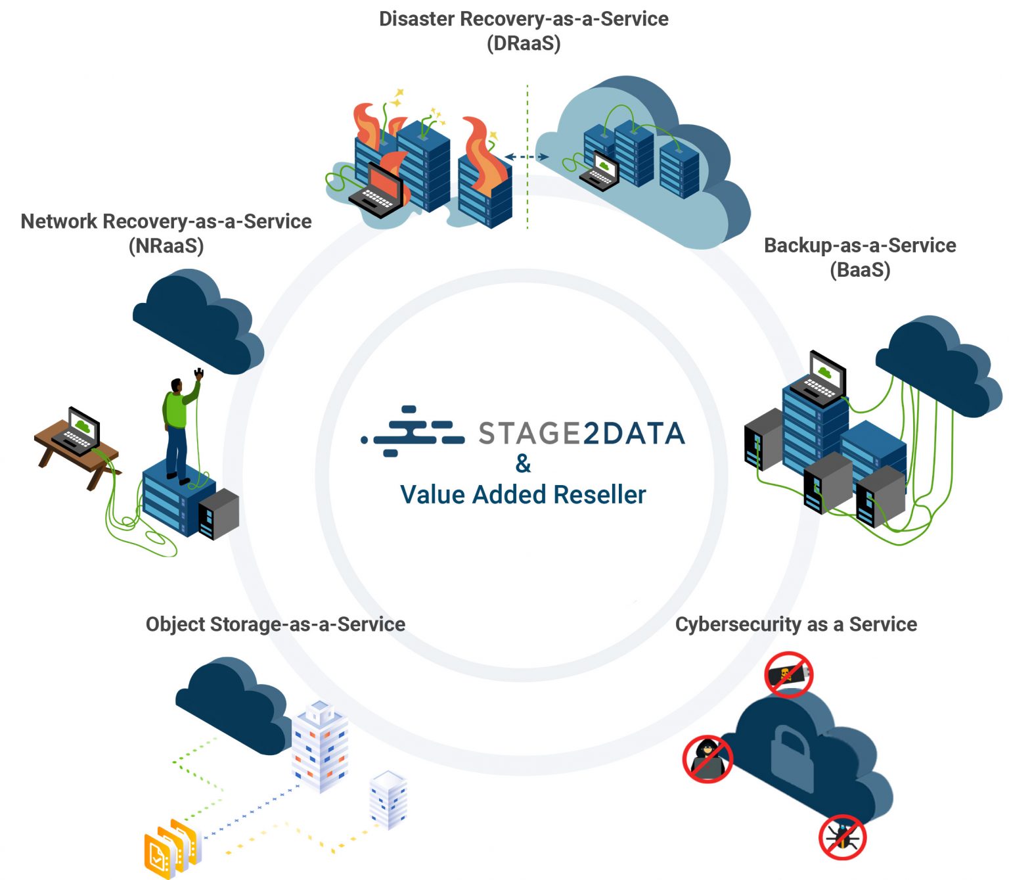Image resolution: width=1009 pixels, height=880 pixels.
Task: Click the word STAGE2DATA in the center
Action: point(581,434)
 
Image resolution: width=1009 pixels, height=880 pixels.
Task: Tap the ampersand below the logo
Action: point(523,464)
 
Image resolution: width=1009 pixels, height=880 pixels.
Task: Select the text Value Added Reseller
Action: point(523,495)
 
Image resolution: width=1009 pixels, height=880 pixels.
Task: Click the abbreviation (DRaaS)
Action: point(524,44)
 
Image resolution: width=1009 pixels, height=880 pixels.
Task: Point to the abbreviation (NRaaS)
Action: point(166,246)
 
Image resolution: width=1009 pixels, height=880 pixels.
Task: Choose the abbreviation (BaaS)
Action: point(860,270)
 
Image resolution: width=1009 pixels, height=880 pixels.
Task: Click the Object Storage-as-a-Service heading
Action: point(275,624)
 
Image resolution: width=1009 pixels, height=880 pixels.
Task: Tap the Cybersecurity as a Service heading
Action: point(796,624)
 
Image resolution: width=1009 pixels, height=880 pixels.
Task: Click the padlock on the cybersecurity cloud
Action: point(791,756)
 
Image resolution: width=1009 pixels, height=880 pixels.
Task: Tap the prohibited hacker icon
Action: point(707,759)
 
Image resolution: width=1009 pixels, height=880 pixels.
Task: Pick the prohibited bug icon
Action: point(843,837)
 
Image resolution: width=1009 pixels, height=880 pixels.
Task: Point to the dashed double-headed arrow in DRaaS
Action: point(527,157)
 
